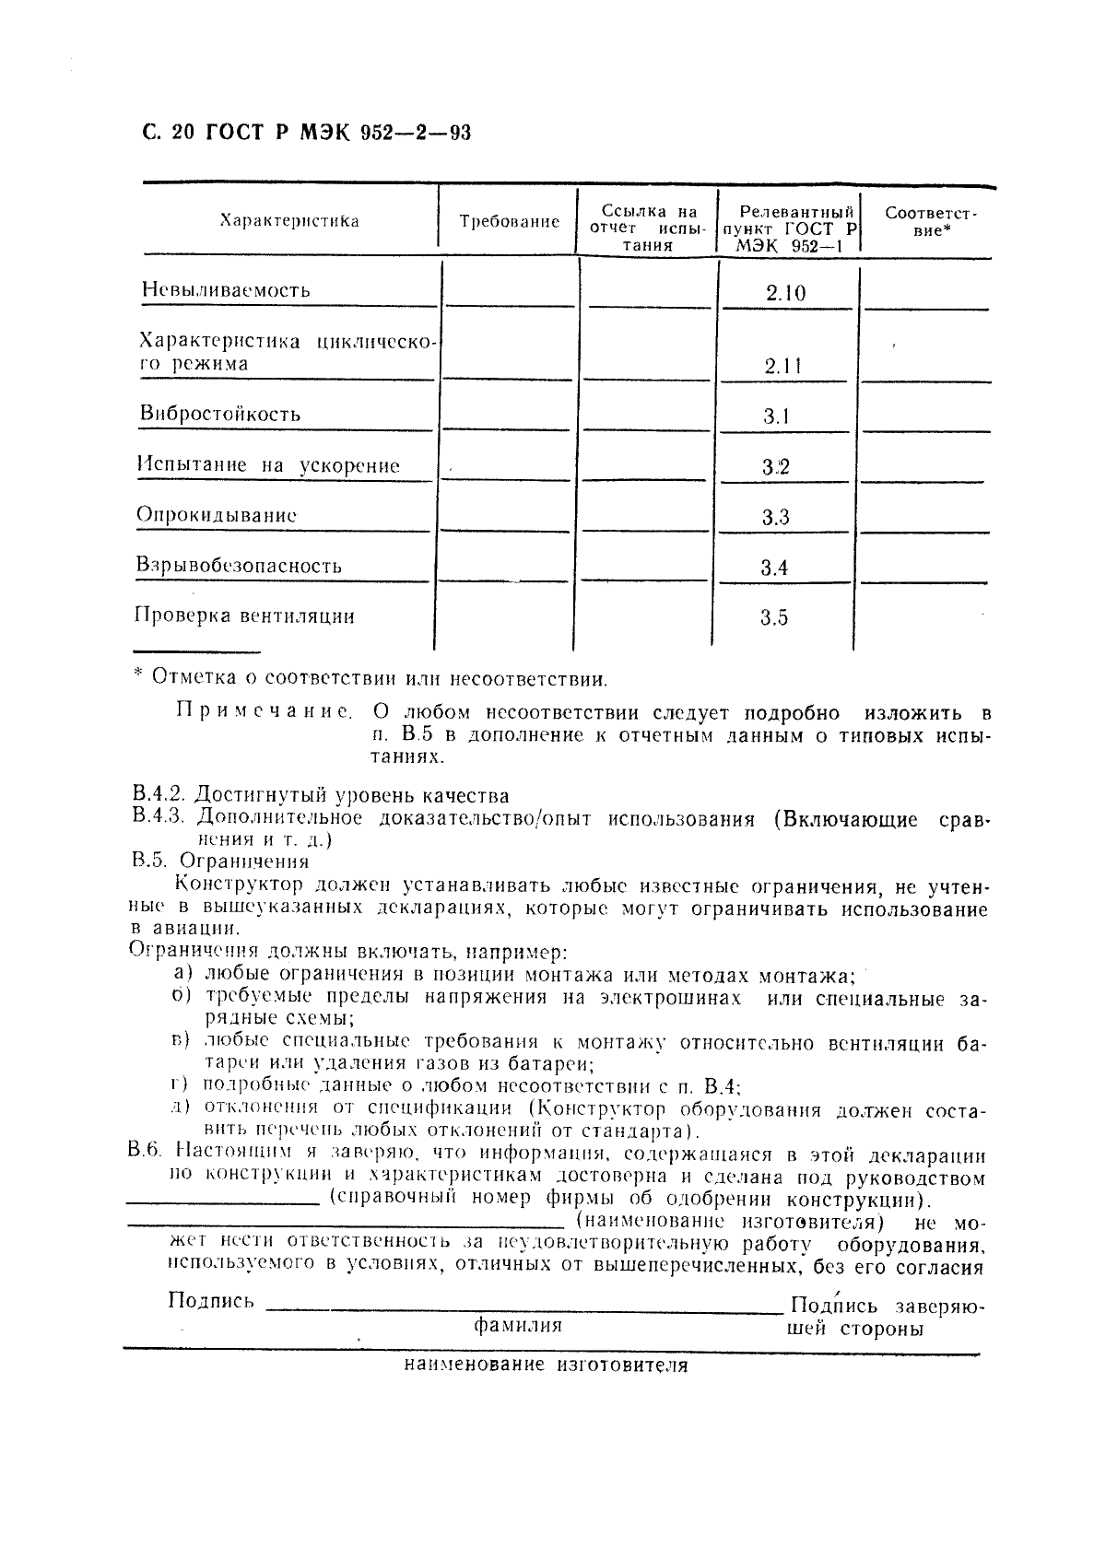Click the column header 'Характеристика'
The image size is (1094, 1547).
[x=289, y=221]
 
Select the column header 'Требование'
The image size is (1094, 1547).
[x=509, y=222]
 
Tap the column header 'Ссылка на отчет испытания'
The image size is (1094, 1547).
[x=644, y=229]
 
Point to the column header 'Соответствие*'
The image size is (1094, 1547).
[x=931, y=221]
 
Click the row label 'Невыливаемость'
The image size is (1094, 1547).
[x=226, y=290]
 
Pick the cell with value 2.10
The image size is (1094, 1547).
[x=785, y=293]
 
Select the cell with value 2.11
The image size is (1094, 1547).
[x=782, y=366]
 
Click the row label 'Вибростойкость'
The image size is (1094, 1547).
[x=220, y=414]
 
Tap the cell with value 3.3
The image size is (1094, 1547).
[x=775, y=517]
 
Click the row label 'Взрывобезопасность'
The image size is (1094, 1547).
[x=239, y=566]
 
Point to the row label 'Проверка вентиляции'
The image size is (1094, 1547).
[x=244, y=615]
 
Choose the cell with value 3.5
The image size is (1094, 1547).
[x=774, y=617]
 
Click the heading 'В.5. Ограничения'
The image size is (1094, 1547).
[x=220, y=861]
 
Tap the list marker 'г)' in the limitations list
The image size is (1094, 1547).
[x=179, y=1084]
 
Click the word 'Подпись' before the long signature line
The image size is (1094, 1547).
[x=211, y=1301]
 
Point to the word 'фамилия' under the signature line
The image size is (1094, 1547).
[x=518, y=1325]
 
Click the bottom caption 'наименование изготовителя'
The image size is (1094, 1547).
[x=546, y=1365]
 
